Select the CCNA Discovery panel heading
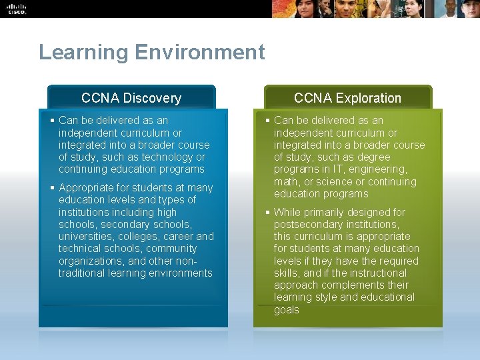[x=131, y=98]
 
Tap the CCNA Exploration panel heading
[x=347, y=98]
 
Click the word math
[x=287, y=182]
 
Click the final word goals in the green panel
[x=287, y=309]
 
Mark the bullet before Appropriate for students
[x=52, y=188]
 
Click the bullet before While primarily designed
[x=267, y=212]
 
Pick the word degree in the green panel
[x=374, y=157]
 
